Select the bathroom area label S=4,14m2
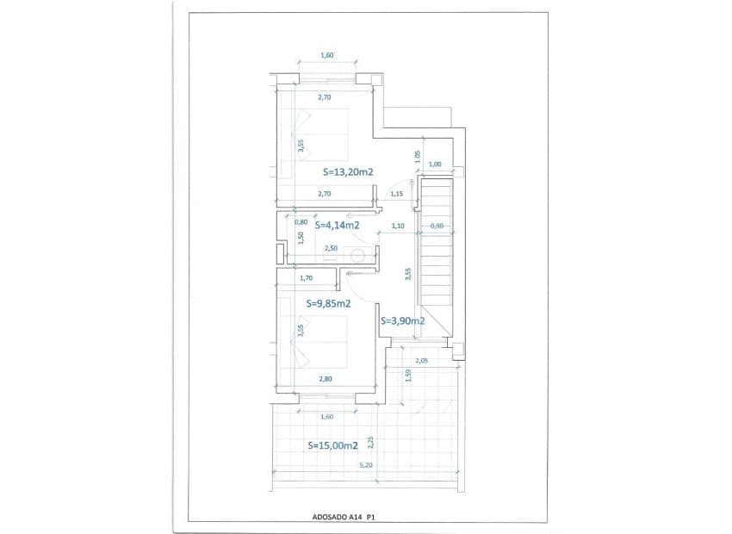pos(337,226)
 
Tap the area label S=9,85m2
pos(328,304)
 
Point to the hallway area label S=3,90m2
pos(402,320)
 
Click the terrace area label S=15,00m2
pos(332,446)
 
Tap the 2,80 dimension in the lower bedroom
pos(325,379)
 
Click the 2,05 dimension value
pos(422,361)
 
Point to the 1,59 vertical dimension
pos(406,376)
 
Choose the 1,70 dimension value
pos(305,278)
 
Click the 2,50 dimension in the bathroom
pos(331,248)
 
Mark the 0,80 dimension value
pos(301,222)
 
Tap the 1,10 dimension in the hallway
pos(398,226)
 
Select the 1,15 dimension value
pos(396,195)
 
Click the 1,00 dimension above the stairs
pos(435,165)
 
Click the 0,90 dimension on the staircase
pos(437,226)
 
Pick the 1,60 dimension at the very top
pos(326,56)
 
